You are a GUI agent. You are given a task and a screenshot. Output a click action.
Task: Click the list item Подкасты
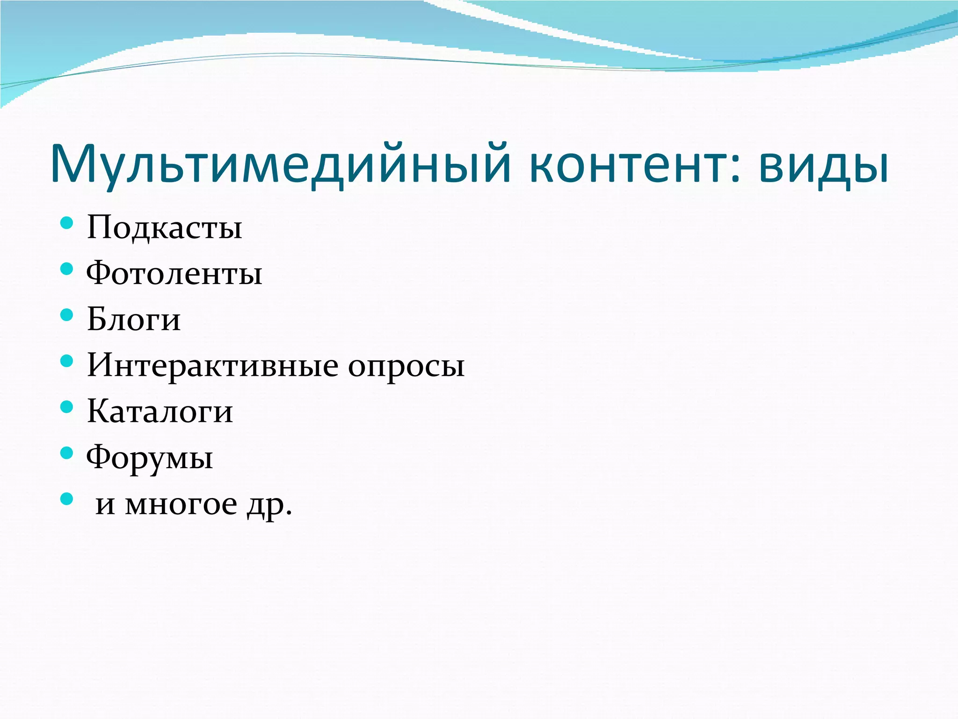point(164,227)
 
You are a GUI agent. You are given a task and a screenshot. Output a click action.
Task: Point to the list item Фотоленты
point(174,273)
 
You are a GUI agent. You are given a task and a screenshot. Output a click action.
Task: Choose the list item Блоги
point(134,319)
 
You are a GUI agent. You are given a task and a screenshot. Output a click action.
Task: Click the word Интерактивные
point(213,365)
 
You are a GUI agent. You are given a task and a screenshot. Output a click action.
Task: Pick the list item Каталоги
point(160,411)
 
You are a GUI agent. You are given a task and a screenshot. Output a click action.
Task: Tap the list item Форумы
point(150,458)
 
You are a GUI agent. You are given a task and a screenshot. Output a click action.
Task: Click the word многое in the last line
point(181,505)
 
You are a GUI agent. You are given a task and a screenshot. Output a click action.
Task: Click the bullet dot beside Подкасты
point(67,222)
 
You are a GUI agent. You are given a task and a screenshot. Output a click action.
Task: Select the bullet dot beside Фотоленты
point(67,268)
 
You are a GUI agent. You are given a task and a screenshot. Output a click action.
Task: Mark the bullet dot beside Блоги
point(67,314)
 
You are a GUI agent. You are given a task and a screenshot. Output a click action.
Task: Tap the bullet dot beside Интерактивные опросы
point(67,360)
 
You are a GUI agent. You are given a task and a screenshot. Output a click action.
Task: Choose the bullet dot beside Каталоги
point(67,406)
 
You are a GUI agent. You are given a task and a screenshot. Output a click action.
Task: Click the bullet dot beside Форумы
point(67,452)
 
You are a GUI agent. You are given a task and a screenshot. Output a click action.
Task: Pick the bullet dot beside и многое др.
point(67,499)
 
